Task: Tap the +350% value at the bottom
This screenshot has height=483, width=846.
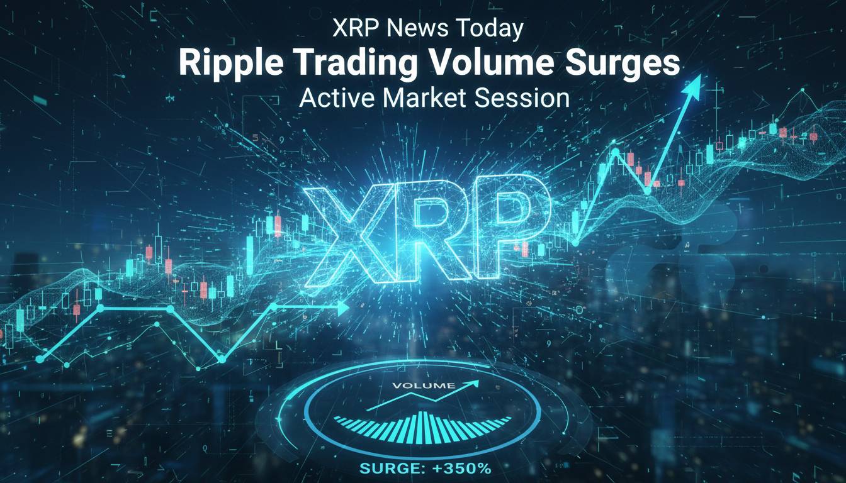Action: [463, 469]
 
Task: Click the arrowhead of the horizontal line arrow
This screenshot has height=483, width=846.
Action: [342, 308]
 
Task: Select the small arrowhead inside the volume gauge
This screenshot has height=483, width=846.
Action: [473, 383]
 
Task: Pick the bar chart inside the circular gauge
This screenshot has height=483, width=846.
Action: [423, 425]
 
